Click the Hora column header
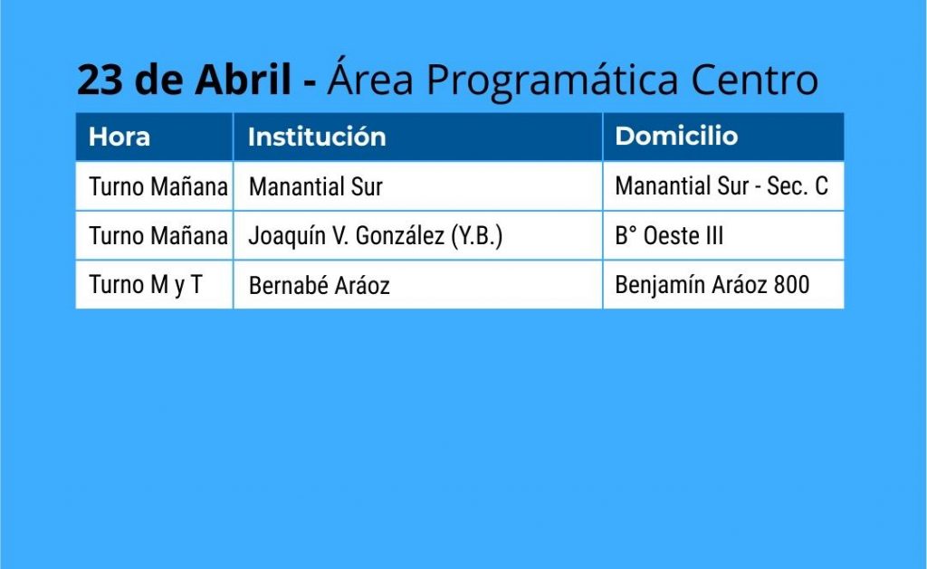point(119,138)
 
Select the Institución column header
point(317,138)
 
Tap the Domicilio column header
point(676,137)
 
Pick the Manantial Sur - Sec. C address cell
point(722,186)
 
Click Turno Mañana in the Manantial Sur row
point(158,187)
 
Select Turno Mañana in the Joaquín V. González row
point(158,236)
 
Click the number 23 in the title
point(100,80)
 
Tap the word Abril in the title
point(244,79)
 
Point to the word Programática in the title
point(552,81)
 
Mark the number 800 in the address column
point(791,285)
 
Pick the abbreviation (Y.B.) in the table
point(476,236)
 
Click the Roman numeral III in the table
point(714,236)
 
